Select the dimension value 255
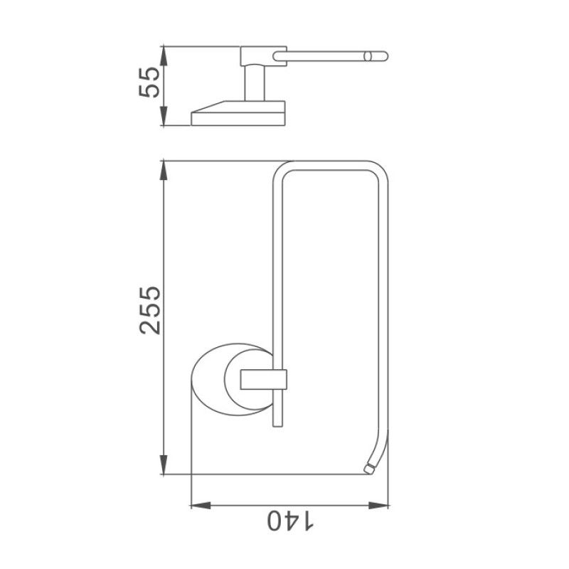point(151,311)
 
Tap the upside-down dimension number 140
point(290,521)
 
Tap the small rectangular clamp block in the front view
point(262,380)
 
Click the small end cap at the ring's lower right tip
point(368,469)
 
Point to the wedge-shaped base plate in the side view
point(238,114)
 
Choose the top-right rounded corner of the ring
point(381,171)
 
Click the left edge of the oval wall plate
point(193,379)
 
